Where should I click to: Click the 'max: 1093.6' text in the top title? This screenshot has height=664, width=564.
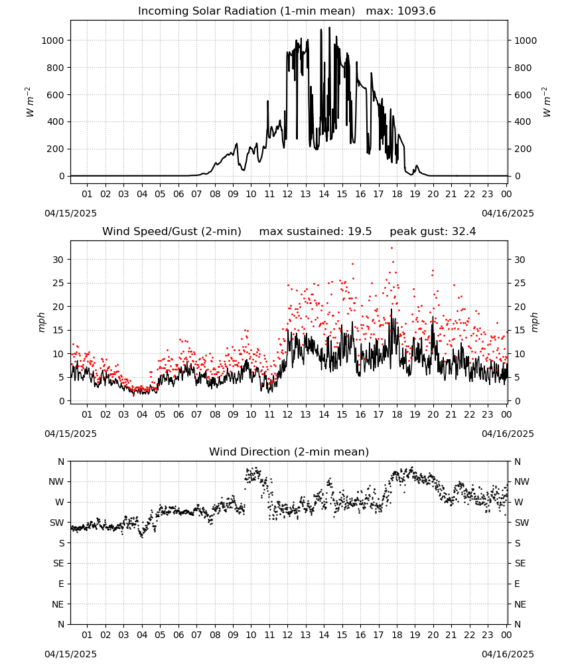tap(401, 11)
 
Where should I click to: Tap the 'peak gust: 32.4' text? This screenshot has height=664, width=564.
tap(433, 232)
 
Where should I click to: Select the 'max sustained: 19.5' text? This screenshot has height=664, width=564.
tap(315, 232)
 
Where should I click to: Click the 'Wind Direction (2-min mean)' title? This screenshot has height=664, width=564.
tap(289, 452)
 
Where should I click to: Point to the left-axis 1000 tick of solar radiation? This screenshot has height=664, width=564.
tap(52, 41)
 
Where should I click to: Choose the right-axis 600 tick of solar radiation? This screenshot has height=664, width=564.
tap(523, 95)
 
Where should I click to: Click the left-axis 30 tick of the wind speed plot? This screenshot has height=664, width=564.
tap(58, 260)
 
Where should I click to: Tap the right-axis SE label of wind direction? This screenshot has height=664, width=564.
tap(520, 564)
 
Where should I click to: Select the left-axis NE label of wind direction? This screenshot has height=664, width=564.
tap(58, 605)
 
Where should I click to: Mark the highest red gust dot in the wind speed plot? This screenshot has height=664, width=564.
tap(391, 248)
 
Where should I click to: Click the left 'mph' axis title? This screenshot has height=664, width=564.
tap(41, 322)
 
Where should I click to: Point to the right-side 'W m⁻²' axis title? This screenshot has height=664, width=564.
tap(546, 102)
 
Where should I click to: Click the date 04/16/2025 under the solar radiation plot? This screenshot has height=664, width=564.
tap(508, 213)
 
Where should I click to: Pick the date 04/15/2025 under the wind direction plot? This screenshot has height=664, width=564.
tap(70, 654)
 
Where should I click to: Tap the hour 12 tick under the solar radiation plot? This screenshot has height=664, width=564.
tap(288, 195)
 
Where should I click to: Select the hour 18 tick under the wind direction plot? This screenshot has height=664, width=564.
tap(397, 635)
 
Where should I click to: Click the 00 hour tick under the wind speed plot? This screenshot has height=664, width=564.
tap(506, 414)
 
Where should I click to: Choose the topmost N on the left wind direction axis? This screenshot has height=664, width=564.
tap(61, 461)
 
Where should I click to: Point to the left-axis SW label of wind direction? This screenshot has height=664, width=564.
tap(57, 523)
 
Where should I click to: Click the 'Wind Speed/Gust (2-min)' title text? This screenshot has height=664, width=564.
tap(172, 232)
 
